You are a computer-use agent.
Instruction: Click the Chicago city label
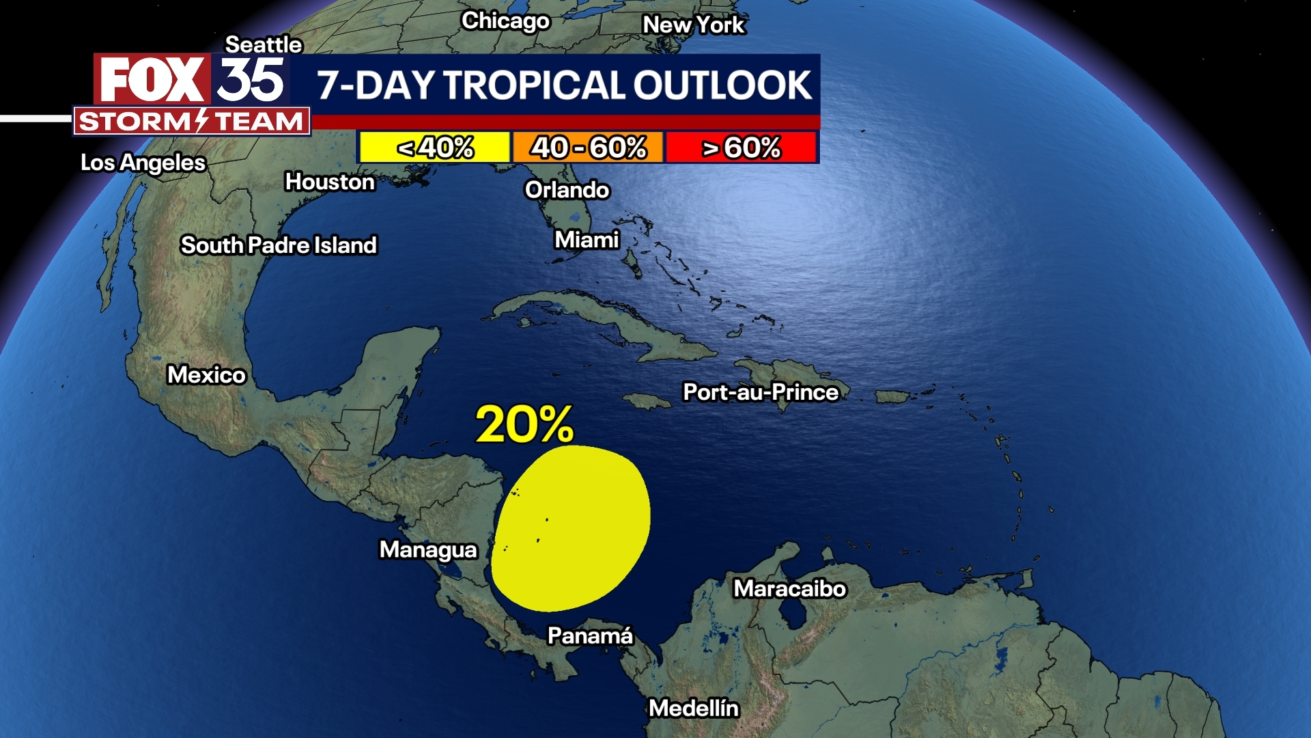tap(505, 21)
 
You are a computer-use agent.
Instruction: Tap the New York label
tap(693, 25)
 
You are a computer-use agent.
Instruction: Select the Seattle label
tap(264, 44)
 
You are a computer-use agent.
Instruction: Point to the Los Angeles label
tap(143, 163)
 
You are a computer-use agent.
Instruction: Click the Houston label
tap(330, 182)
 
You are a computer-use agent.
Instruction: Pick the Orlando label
tap(567, 189)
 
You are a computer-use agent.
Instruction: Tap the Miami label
tap(587, 240)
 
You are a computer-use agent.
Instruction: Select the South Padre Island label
tap(279, 245)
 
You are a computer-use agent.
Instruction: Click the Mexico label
tap(206, 374)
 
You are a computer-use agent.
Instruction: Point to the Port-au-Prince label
tap(761, 392)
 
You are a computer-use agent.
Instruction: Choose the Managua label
tap(428, 549)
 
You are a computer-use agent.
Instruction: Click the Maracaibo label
tap(789, 588)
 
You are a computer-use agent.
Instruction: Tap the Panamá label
tap(590, 635)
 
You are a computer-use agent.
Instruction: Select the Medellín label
tap(694, 708)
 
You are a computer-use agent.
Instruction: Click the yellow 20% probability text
tap(524, 424)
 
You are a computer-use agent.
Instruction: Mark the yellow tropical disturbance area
tap(570, 528)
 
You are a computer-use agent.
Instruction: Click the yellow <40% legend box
tap(435, 147)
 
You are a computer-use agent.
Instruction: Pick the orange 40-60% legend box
tap(588, 147)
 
